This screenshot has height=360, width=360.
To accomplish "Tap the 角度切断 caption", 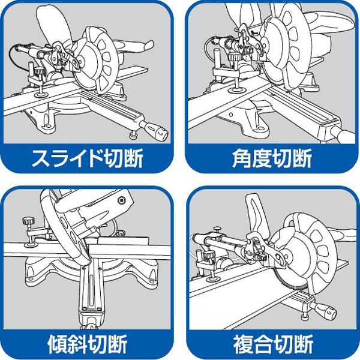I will [271, 159].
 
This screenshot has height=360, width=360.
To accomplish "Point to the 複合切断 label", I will [271, 345].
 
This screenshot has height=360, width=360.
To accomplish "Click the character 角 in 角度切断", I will [241, 159].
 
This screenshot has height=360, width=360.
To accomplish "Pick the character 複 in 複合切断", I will [241, 345].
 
